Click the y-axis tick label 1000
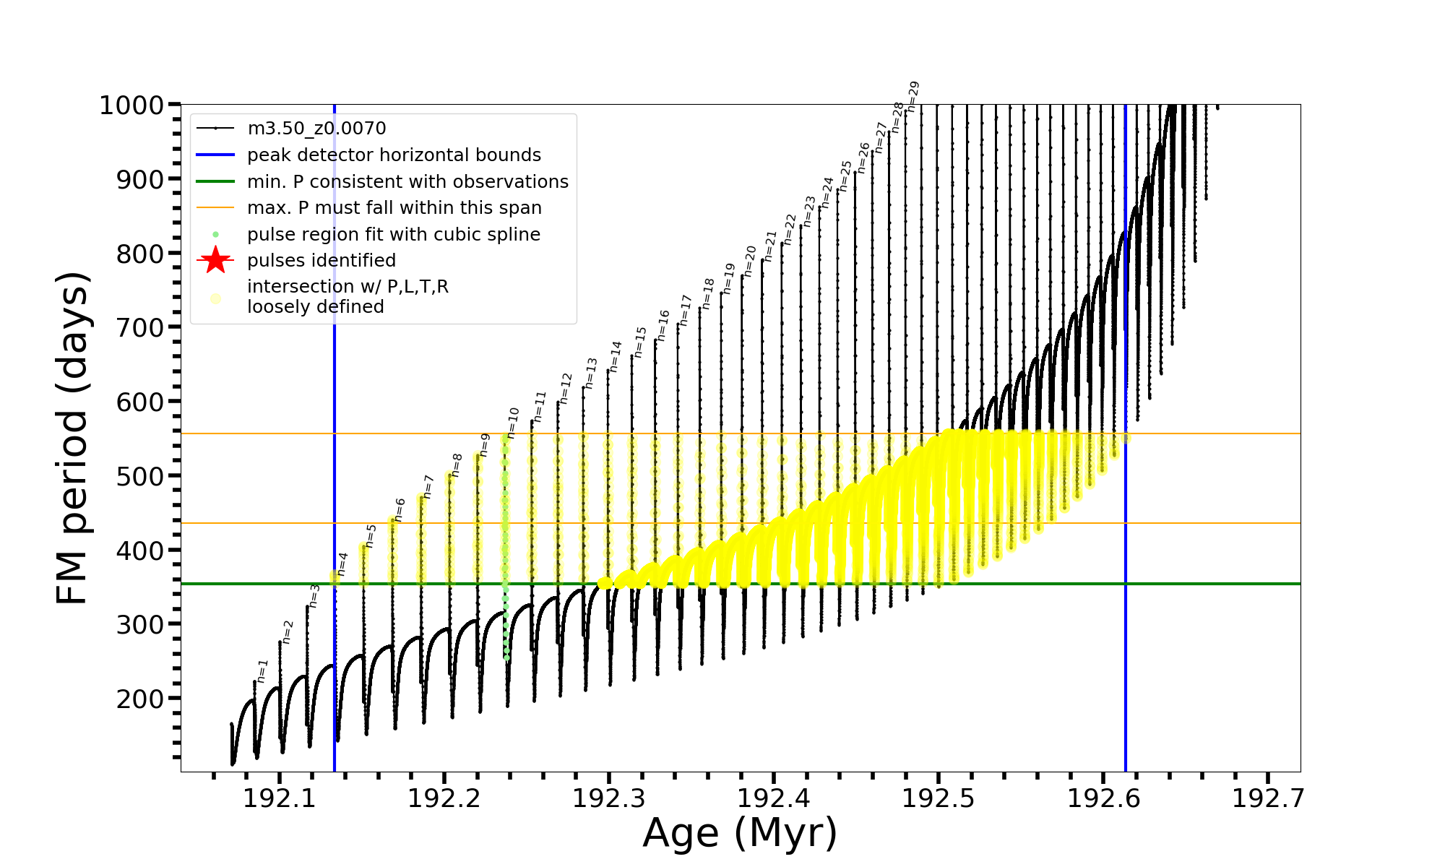[131, 105]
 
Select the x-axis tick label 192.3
[609, 798]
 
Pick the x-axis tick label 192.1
[280, 798]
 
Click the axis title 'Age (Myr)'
[740, 833]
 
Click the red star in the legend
[215, 260]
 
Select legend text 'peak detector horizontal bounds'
[394, 155]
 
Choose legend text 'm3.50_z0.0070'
[316, 129]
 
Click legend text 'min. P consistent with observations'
[407, 181]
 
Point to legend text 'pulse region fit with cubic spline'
[394, 234]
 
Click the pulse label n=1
[263, 670]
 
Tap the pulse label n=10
[513, 423]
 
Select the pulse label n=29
[913, 96]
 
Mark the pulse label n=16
[663, 325]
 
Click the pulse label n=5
[371, 535]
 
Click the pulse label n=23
[809, 211]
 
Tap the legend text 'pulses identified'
[322, 260]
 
